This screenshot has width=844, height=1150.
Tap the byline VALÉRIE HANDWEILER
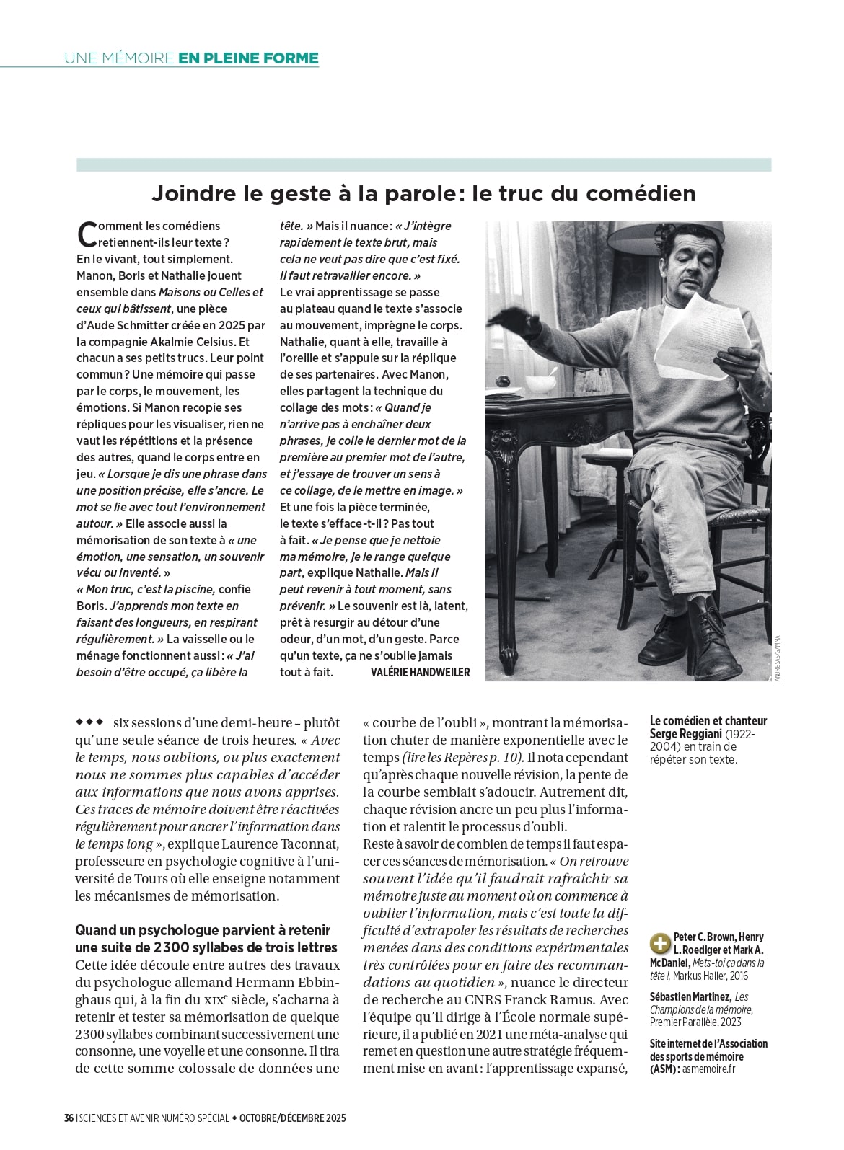tap(420, 672)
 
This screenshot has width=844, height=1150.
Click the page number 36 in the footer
tap(69, 1118)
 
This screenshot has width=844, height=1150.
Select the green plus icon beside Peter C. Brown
tap(659, 943)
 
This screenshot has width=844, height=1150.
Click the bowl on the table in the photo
tap(540, 383)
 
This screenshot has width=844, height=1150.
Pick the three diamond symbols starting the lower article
tap(89, 721)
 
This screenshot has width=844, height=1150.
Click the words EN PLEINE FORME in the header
tap(248, 58)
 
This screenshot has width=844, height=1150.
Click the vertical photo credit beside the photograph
tap(777, 656)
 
